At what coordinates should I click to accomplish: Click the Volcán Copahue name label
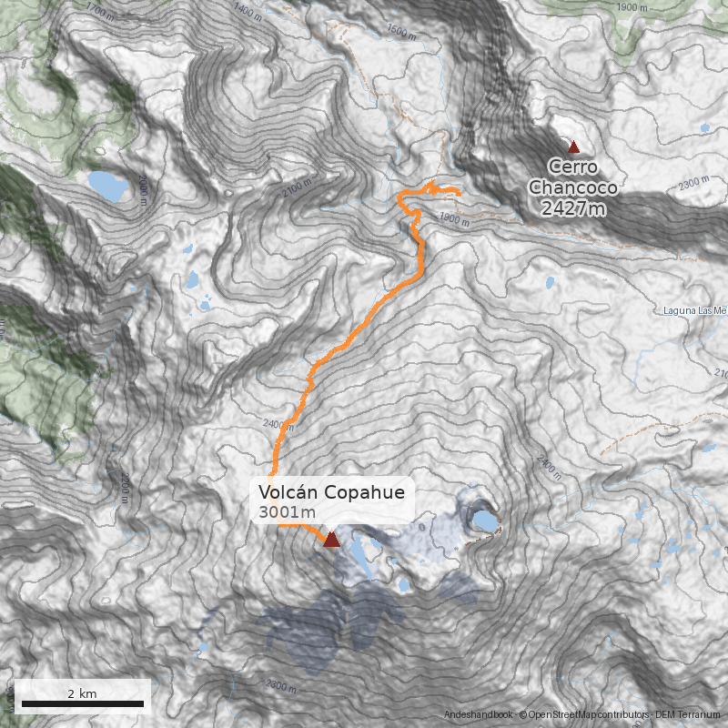(x=330, y=492)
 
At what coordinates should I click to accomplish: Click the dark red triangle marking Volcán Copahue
(x=331, y=540)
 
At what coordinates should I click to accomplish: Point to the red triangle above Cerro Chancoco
(x=573, y=147)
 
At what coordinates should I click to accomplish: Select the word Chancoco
(x=573, y=187)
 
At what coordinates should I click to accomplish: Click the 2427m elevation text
(x=573, y=209)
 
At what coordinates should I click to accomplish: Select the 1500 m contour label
(x=400, y=29)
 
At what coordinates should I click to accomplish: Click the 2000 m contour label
(x=143, y=191)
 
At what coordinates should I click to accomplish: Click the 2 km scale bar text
(x=82, y=693)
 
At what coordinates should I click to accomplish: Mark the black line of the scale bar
(x=82, y=703)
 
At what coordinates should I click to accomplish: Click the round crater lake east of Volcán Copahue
(x=484, y=521)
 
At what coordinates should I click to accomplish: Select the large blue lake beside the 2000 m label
(x=108, y=187)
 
